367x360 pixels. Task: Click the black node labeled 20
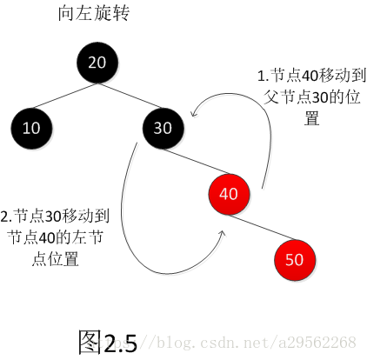pyautogui.click(x=97, y=63)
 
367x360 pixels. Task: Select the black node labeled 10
pyautogui.click(x=31, y=129)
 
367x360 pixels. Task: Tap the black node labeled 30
pyautogui.click(x=163, y=129)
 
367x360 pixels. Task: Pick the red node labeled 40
pyautogui.click(x=229, y=194)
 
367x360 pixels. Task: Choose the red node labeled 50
pyautogui.click(x=295, y=260)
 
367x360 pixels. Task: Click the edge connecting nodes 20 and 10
pyautogui.click(x=64, y=96)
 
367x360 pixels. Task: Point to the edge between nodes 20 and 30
pyautogui.click(x=130, y=96)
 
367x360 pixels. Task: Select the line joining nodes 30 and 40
pyautogui.click(x=196, y=162)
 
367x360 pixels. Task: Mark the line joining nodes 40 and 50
pyautogui.click(x=262, y=227)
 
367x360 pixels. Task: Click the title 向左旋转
pyautogui.click(x=93, y=13)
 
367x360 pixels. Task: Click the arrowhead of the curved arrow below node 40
pyautogui.click(x=222, y=233)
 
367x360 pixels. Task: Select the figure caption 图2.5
pyautogui.click(x=108, y=343)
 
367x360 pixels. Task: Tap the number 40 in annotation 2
pyautogui.click(x=47, y=238)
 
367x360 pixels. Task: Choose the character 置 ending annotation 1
pyautogui.click(x=312, y=118)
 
